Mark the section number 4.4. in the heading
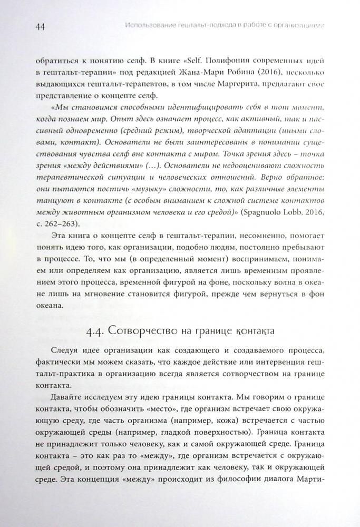[97, 334]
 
